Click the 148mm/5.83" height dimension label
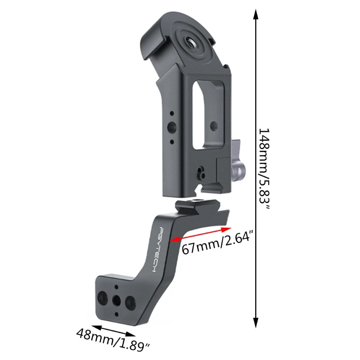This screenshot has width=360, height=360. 264,169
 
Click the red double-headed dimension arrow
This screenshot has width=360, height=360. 200,234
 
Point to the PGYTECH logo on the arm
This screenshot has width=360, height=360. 158,250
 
